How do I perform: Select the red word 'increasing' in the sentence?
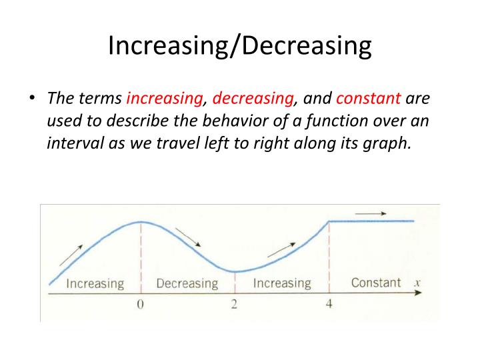pos(165,99)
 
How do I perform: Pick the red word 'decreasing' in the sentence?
pos(253,99)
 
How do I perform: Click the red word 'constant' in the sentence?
pos(369,99)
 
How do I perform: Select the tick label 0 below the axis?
pos(141,305)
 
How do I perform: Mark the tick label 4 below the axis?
pos(329,305)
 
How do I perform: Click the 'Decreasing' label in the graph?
pos(187,283)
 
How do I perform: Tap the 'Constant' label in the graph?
pos(376,282)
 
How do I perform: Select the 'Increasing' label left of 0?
pos(95,283)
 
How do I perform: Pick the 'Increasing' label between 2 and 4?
pos(282,283)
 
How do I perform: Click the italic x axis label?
pos(417,282)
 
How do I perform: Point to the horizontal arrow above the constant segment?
pos(371,213)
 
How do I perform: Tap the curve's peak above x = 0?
pos(141,222)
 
